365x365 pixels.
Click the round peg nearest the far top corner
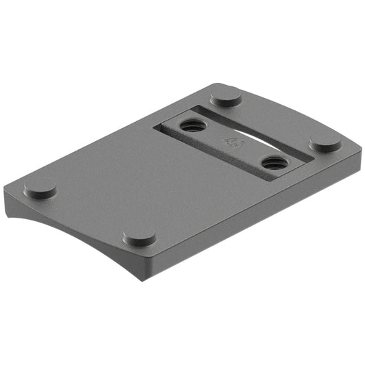point(225,97)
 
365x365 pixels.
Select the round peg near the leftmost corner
point(40,188)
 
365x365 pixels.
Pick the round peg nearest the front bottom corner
point(139,238)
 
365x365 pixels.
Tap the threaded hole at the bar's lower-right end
point(274,163)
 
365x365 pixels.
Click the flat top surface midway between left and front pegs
point(89,212)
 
